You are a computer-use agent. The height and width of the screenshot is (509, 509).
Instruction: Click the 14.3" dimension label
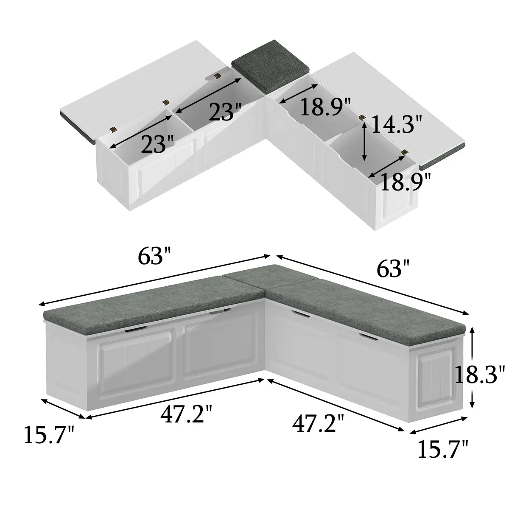point(396,124)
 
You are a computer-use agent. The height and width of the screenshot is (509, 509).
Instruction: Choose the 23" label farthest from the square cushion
point(157,144)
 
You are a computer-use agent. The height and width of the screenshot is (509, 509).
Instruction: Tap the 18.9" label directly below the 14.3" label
point(405,182)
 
